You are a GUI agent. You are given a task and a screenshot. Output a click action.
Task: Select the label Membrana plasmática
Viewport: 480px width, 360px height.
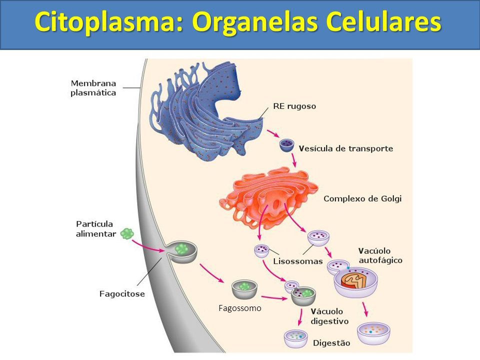coord(93,88)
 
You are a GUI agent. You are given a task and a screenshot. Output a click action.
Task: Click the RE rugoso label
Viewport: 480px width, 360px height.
coord(294,106)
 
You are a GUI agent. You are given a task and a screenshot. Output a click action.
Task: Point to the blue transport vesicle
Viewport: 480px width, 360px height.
coord(287,145)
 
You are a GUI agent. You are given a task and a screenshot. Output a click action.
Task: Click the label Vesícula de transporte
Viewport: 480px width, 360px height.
coord(346,148)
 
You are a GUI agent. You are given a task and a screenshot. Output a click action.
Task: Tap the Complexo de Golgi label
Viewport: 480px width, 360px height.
coord(362,198)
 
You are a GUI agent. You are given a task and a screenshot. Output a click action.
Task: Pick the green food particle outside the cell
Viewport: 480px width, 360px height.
coord(127,234)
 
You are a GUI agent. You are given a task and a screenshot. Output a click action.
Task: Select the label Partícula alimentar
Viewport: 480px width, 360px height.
coord(96,229)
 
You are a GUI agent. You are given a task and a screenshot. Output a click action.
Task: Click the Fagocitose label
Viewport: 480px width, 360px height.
coord(122,294)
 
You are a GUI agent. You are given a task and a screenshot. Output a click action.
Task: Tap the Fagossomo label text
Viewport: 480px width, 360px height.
coord(240,308)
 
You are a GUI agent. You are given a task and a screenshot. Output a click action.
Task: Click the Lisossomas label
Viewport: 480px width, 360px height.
coord(298,261)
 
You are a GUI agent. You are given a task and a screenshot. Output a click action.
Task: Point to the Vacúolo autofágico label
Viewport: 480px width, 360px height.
coord(380,255)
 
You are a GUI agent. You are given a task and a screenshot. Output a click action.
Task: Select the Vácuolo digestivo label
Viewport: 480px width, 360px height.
coord(329,316)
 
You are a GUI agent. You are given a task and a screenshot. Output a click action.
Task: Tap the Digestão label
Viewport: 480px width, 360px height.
coord(331,343)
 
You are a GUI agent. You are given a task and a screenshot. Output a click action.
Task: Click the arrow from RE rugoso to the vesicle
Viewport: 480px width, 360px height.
coord(273,133)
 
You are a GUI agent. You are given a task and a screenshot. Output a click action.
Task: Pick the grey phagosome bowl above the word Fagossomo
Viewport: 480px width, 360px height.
coord(244,289)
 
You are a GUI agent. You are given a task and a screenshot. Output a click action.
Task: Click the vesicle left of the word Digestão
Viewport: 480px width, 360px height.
coord(295,339)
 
